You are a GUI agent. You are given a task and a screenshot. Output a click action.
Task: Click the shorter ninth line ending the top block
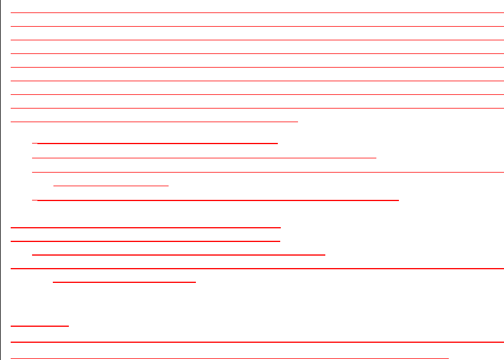click(x=154, y=121)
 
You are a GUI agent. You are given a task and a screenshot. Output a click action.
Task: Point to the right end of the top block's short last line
click(x=296, y=121)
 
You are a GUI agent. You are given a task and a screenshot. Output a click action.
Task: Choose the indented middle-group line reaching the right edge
click(x=268, y=173)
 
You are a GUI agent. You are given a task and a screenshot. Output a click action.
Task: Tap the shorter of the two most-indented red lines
click(x=111, y=186)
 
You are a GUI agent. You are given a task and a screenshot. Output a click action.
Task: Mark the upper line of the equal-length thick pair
click(x=145, y=227)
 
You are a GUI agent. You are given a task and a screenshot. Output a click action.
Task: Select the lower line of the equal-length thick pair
click(x=145, y=241)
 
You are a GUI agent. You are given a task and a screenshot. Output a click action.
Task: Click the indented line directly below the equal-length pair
click(x=179, y=254)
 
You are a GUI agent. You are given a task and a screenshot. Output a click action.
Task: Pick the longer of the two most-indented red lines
click(x=124, y=282)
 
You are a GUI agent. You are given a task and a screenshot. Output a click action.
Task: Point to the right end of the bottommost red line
click(x=447, y=358)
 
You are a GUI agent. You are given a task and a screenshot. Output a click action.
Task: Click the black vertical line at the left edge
click(x=1, y=178)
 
